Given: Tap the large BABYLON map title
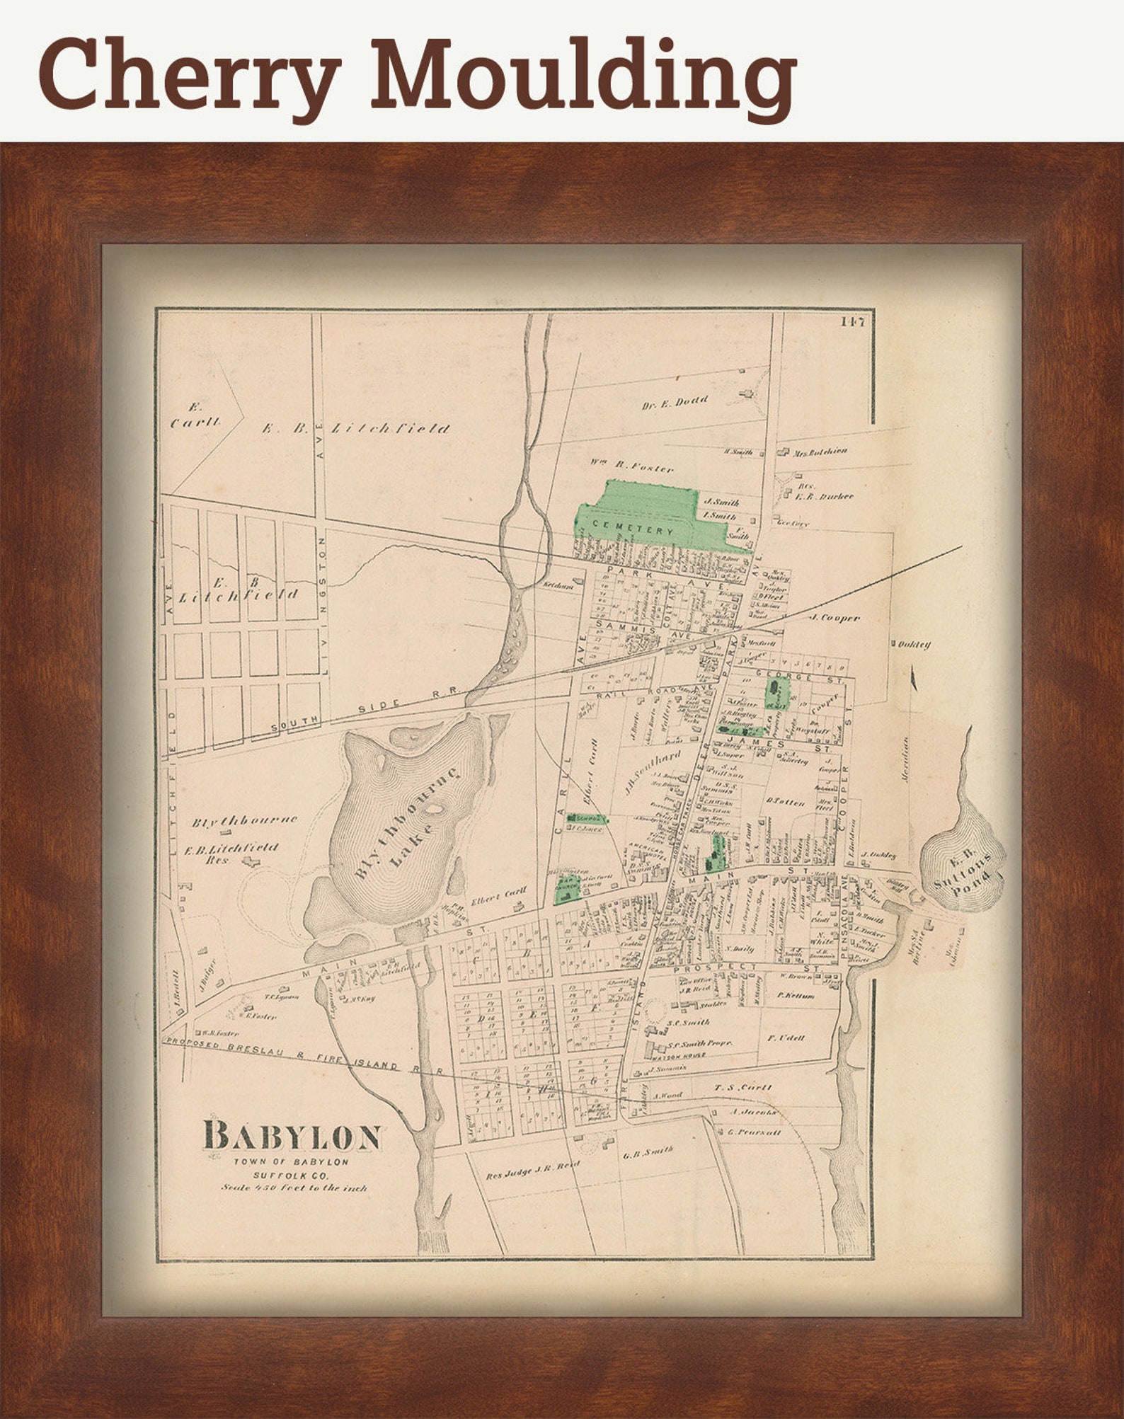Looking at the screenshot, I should click(x=292, y=1136).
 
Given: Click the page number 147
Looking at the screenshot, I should click(x=853, y=321).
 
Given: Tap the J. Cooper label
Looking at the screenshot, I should click(x=835, y=617).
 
